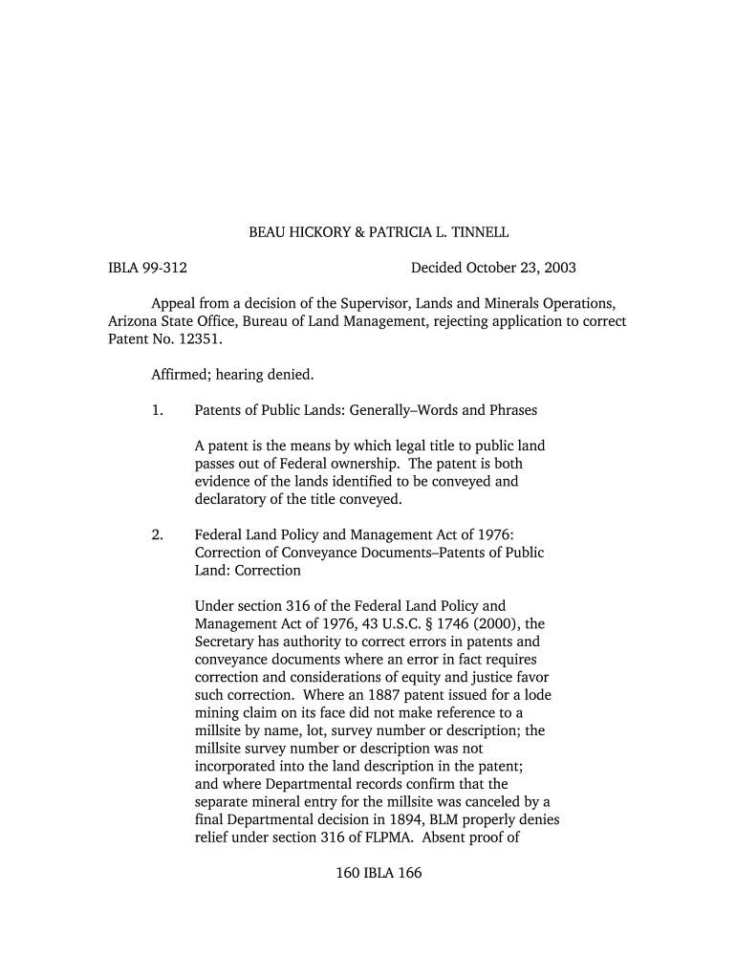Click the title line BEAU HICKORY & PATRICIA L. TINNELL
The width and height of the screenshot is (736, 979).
(x=379, y=232)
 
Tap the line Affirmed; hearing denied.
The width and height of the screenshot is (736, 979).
(x=232, y=374)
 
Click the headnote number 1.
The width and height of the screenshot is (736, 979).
(x=157, y=410)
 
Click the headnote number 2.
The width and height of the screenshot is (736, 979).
(x=157, y=534)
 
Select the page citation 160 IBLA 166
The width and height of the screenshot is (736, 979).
(x=379, y=874)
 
